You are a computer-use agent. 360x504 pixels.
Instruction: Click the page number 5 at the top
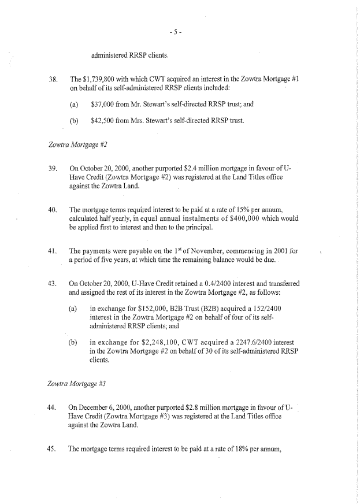(180, 32)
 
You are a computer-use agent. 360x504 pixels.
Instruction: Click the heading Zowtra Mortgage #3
(77, 384)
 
